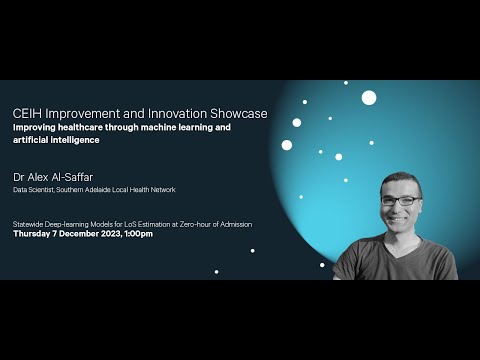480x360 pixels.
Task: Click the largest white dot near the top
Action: coord(369,98)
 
